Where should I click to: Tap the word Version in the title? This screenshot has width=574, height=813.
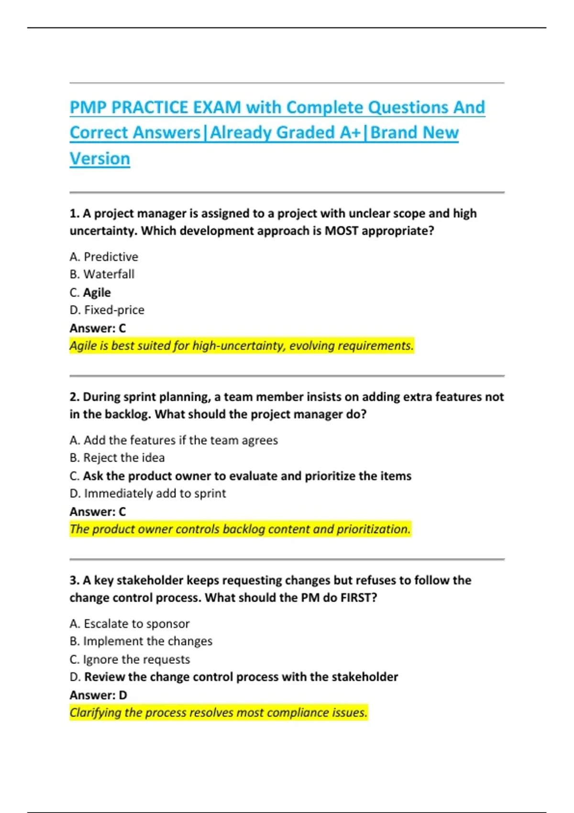tap(99, 158)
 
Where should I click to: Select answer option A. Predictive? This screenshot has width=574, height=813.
tap(104, 257)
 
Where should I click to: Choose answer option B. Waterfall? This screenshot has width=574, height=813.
tap(102, 274)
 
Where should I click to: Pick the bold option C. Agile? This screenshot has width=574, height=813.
tap(90, 292)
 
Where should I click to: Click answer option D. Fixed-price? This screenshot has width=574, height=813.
tap(107, 310)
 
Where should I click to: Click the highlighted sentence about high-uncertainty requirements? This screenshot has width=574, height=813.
tap(242, 345)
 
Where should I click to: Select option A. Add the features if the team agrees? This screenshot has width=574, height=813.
tap(174, 440)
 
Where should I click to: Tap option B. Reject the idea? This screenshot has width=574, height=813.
tap(117, 458)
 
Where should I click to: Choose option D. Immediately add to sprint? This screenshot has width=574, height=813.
tap(148, 493)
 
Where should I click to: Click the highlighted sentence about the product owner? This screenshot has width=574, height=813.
tap(240, 529)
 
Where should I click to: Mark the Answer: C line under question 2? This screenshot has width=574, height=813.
tap(98, 512)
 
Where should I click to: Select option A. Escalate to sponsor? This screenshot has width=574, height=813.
tap(130, 624)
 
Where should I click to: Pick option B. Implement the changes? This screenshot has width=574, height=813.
tap(141, 641)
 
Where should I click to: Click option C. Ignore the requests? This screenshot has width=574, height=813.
tap(130, 659)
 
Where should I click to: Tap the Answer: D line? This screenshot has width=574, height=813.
tap(98, 695)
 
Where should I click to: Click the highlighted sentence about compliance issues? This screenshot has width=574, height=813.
tap(219, 713)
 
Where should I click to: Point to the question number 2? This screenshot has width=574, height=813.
tap(74, 397)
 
